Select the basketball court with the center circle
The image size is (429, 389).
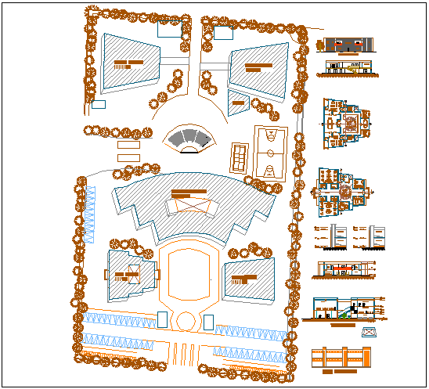pyautogui.click(x=269, y=152)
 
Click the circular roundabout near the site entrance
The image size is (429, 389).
pyautogui.click(x=185, y=321)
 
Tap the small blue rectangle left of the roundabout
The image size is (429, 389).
pyautogui.click(x=162, y=320)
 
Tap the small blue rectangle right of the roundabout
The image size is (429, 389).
pyautogui.click(x=208, y=322)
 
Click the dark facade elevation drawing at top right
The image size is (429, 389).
pyautogui.click(x=345, y=45)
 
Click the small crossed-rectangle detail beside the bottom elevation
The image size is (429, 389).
pyautogui.click(x=368, y=333)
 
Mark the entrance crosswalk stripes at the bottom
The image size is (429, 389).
pyautogui.click(x=185, y=354)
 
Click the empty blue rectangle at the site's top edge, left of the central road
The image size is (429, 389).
pyautogui.click(x=170, y=30)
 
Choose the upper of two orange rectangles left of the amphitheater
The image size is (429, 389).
pyautogui.click(x=128, y=145)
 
